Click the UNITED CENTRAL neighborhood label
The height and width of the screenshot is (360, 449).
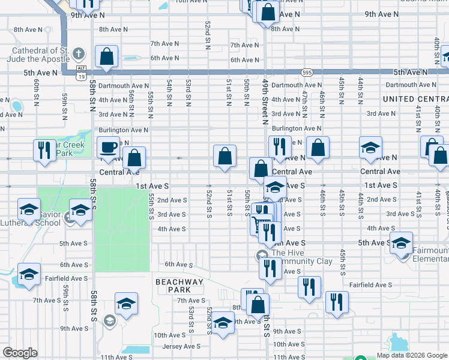[x=415, y=98]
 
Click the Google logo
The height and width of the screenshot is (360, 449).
[x=20, y=353]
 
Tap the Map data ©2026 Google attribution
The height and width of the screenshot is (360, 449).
[x=411, y=355]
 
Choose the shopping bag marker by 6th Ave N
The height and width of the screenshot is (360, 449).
[x=106, y=57]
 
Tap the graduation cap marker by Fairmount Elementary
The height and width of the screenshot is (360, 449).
[x=402, y=243]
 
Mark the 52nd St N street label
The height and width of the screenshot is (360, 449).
[x=207, y=36]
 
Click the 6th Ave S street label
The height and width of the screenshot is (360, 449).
[x=178, y=265]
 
